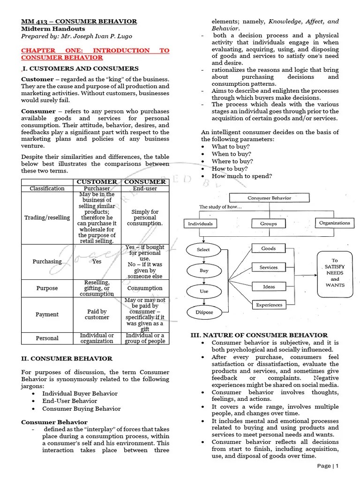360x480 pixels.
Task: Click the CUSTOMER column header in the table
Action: [97, 181]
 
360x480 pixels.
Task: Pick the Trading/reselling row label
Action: [47, 217]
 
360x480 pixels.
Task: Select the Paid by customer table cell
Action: [97, 315]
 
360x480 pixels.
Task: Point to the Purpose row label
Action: [47, 288]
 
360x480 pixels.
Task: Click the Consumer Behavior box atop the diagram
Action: [269, 198]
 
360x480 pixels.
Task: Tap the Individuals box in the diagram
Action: [200, 224]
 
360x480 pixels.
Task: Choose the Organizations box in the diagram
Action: [334, 223]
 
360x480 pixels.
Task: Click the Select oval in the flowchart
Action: [203, 249]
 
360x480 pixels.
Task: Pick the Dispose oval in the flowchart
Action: [204, 312]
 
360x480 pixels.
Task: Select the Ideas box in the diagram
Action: [269, 286]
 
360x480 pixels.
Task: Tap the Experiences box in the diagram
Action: [269, 305]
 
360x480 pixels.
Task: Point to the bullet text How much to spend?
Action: [242, 176]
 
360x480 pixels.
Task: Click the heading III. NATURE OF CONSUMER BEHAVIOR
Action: [258, 335]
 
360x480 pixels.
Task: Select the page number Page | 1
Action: [328, 466]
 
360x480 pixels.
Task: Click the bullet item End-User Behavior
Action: [70, 401]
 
